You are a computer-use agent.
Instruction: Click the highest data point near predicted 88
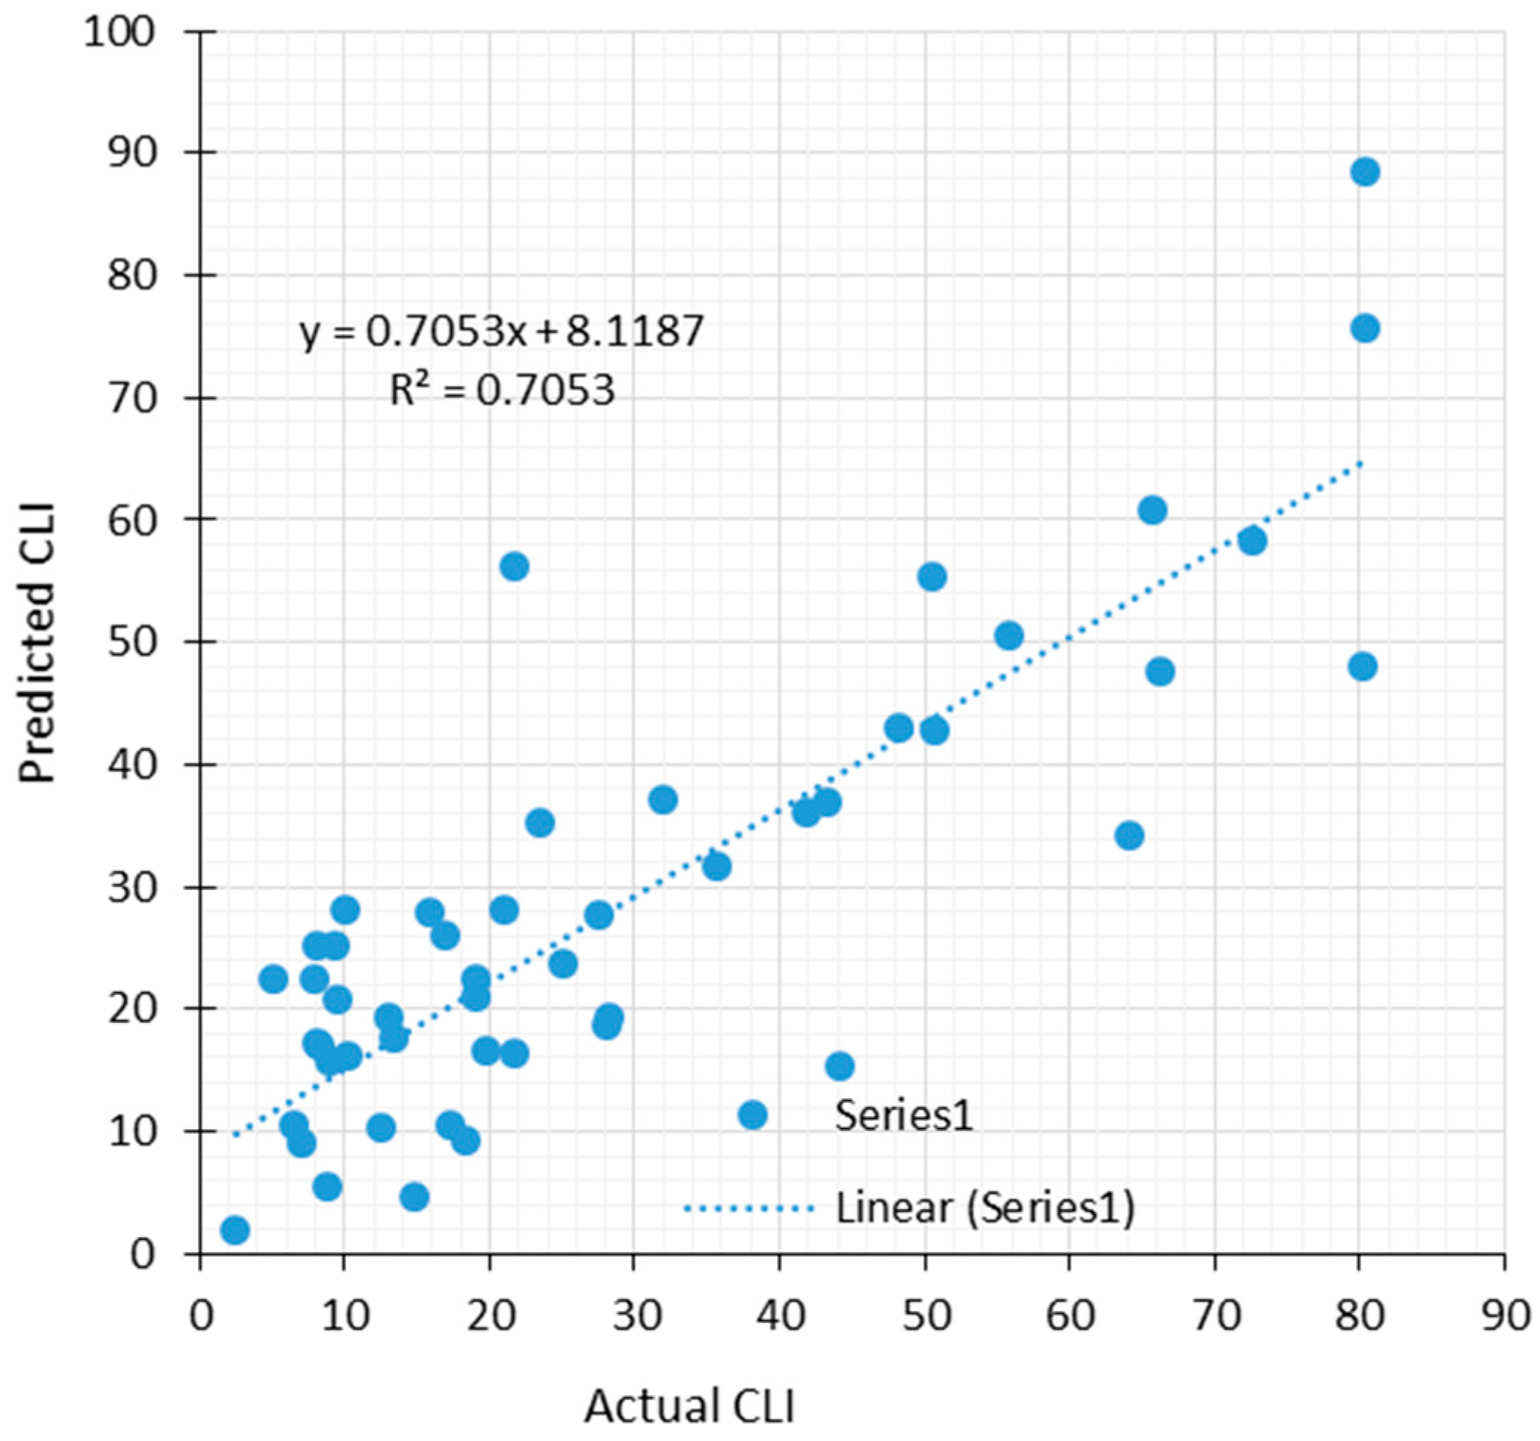(1365, 172)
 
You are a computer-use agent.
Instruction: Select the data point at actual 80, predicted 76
(1365, 329)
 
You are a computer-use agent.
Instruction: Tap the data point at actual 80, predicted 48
(1363, 666)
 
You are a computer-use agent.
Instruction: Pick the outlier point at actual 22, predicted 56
(514, 567)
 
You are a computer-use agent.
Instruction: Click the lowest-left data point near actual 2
(235, 1230)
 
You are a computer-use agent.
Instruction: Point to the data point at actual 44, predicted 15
(840, 1067)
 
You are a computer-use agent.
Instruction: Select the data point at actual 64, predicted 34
(1129, 836)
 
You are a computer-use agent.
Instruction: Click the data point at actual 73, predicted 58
(1253, 541)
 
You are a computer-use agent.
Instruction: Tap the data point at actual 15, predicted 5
(414, 1197)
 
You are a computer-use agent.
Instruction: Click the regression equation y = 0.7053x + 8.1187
(502, 332)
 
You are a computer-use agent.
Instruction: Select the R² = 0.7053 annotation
(502, 391)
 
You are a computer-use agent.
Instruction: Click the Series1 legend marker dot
(752, 1115)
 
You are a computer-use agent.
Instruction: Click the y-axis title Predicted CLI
(37, 643)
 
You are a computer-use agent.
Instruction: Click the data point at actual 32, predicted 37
(663, 799)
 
